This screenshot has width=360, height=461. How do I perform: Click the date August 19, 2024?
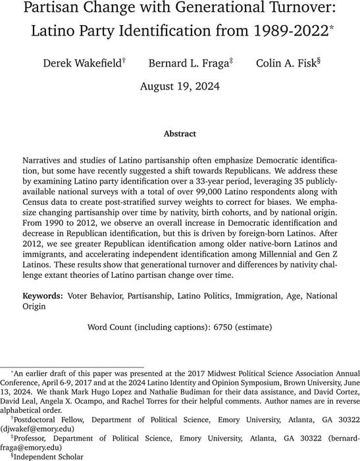[180, 86]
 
